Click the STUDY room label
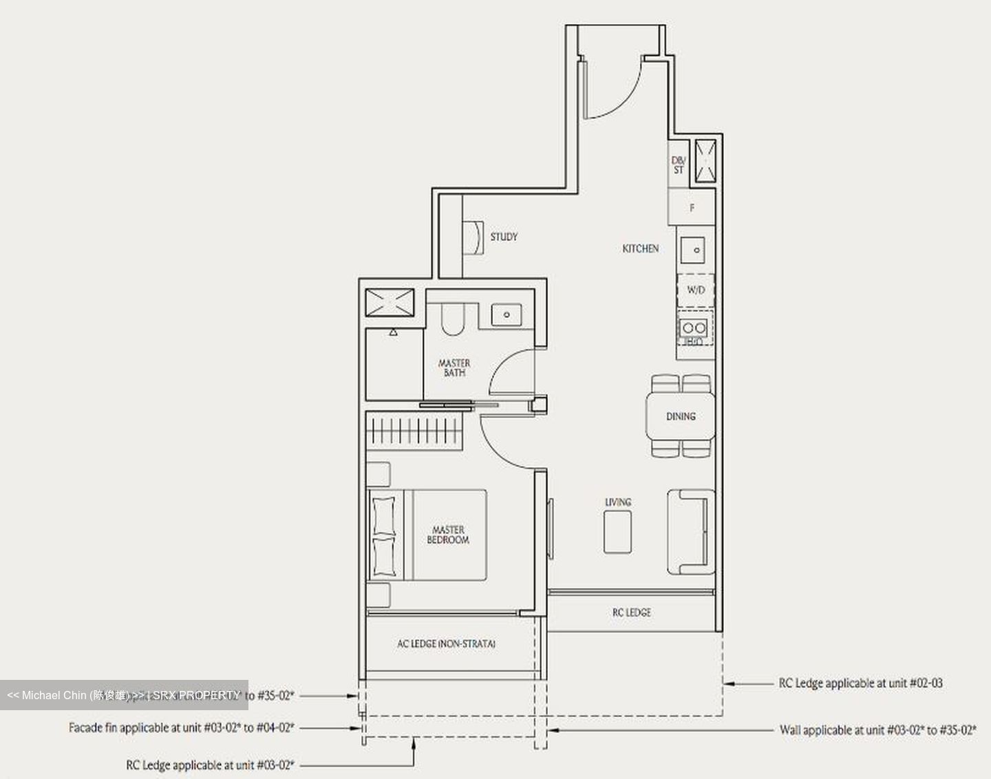click(x=504, y=237)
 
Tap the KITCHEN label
click(x=640, y=248)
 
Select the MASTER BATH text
click(x=454, y=367)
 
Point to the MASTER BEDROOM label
click(x=448, y=535)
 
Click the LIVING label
click(x=617, y=502)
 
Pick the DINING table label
click(x=680, y=416)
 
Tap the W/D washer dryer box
click(x=696, y=290)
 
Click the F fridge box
click(x=692, y=207)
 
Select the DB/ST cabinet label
click(x=679, y=165)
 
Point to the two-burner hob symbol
click(x=694, y=328)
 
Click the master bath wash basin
click(x=507, y=314)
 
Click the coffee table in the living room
click(x=617, y=532)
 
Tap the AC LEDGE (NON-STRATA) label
click(x=446, y=644)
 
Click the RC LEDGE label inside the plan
click(x=631, y=612)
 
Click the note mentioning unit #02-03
click(x=860, y=683)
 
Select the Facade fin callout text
click(x=182, y=727)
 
